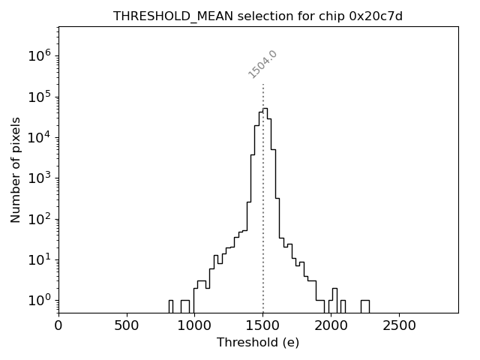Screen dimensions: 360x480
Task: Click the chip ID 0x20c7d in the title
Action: pos(376,16)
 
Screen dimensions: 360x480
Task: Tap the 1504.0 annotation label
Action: pos(262,64)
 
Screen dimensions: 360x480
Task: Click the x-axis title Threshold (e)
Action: pos(258,343)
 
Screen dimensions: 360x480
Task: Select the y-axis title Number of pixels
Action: pos(16,169)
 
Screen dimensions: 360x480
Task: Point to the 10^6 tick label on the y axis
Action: pos(40,55)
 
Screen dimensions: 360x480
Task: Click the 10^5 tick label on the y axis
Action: pos(40,97)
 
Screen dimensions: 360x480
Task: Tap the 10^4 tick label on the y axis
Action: pos(40,137)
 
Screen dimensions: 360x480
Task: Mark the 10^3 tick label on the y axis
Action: pos(40,178)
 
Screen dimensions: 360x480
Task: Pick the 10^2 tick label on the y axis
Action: pos(40,219)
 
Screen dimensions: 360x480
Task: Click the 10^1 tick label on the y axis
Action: pos(40,260)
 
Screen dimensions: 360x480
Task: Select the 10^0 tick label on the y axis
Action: pos(40,301)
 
